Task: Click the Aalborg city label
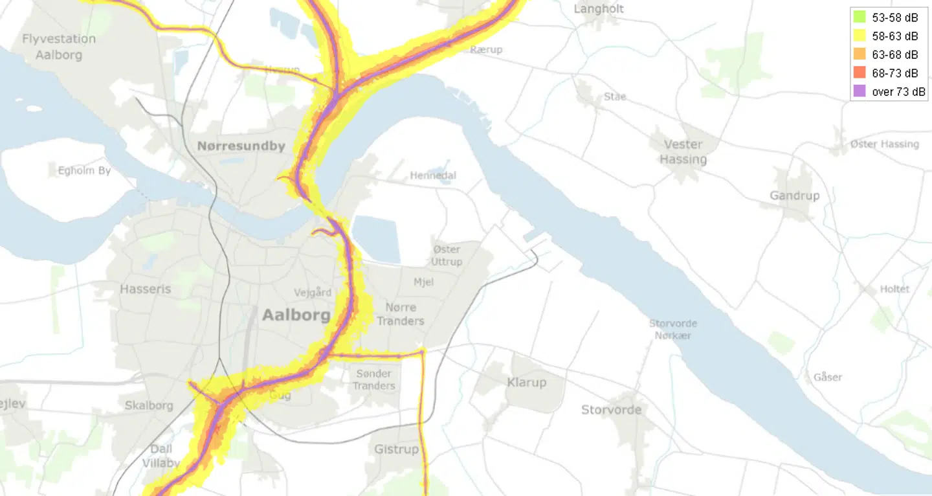(x=296, y=316)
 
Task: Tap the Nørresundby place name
(x=241, y=146)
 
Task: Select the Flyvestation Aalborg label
(x=59, y=47)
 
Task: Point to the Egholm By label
(x=84, y=171)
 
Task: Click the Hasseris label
(x=146, y=289)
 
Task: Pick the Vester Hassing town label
(x=683, y=152)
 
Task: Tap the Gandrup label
(x=794, y=196)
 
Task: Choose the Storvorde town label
(x=611, y=409)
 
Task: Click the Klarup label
(x=526, y=382)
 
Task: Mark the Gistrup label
(x=396, y=449)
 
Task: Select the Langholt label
(x=599, y=9)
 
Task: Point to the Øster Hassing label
(x=884, y=144)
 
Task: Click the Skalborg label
(x=149, y=405)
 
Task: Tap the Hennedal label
(x=432, y=175)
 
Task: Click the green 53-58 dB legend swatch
(x=860, y=17)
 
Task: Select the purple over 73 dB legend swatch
(x=860, y=91)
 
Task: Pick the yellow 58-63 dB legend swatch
(x=860, y=36)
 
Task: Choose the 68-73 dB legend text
(x=895, y=73)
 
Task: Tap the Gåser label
(x=828, y=377)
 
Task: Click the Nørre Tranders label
(x=401, y=314)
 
